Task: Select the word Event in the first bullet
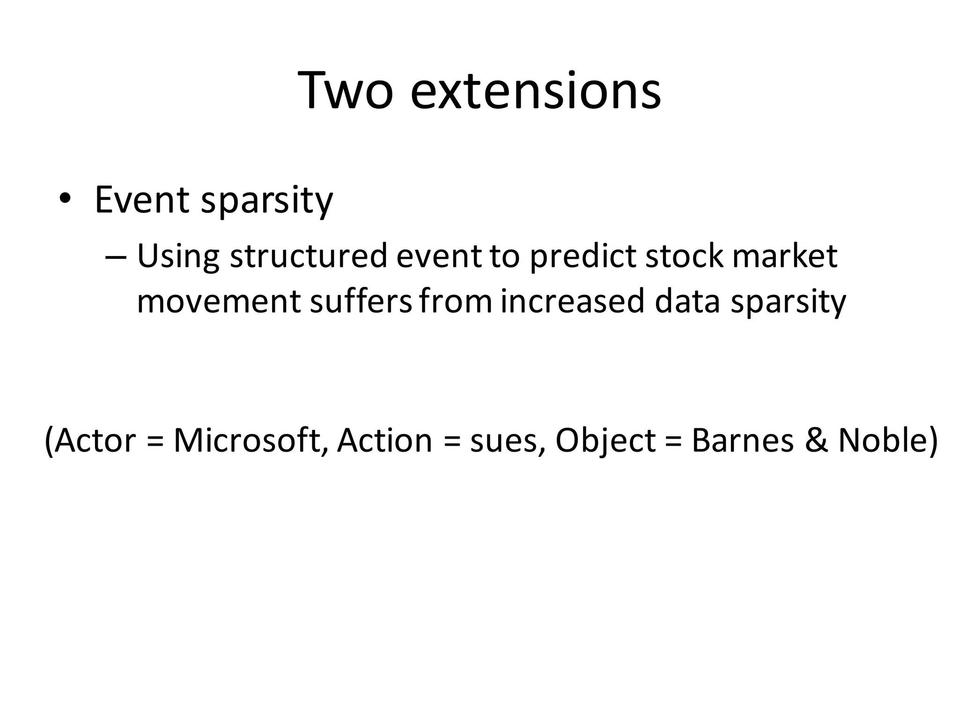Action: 141,200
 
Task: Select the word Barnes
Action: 742,440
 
